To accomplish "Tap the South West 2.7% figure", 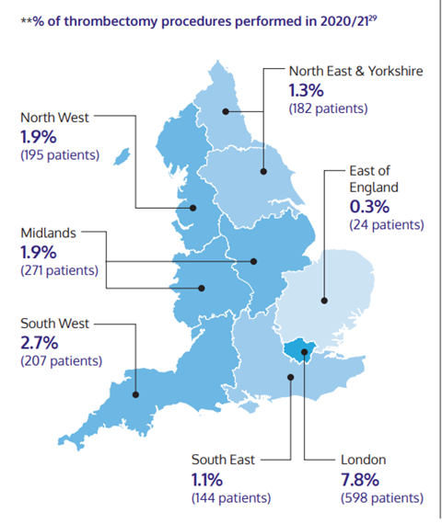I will [41, 343].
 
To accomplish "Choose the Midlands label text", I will [49, 233].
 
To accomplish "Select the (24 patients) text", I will [386, 223].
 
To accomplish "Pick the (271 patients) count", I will [59, 270].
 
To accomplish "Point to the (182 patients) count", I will [329, 108].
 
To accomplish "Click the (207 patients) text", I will [59, 361].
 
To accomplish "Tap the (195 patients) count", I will [59, 154].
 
